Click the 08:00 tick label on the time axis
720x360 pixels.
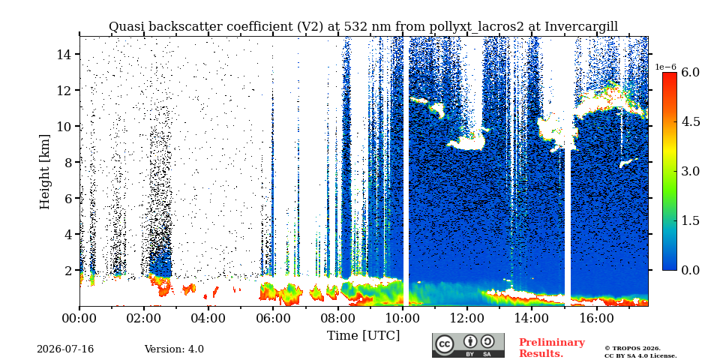point(337,318)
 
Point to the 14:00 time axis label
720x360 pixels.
point(531,318)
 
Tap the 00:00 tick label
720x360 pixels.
point(79,318)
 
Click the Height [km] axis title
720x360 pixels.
point(44,172)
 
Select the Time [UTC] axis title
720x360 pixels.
point(363,335)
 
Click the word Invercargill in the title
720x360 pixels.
point(581,27)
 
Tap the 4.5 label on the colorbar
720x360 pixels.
point(690,122)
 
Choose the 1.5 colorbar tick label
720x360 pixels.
point(690,220)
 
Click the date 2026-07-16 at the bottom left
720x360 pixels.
point(65,349)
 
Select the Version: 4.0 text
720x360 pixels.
point(174,349)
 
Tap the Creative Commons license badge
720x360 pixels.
point(468,345)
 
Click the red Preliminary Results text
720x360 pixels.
point(552,348)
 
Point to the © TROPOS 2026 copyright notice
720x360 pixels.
point(632,349)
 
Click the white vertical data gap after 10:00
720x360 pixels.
point(406,171)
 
